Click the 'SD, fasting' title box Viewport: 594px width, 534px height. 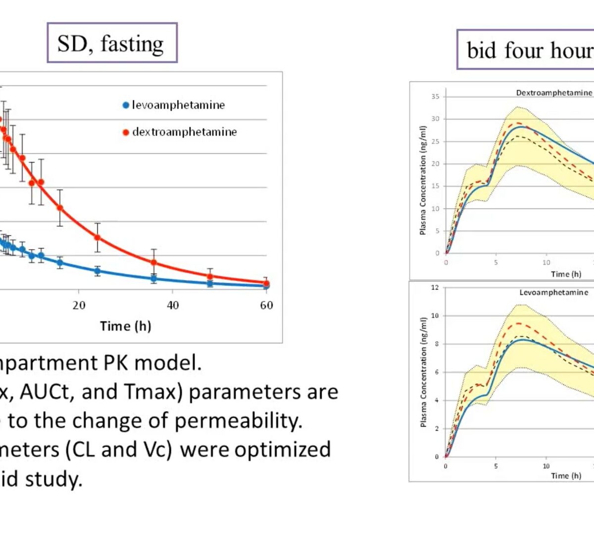coord(112,43)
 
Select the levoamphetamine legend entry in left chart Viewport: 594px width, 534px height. coord(174,105)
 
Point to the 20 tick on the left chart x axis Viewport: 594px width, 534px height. coord(79,305)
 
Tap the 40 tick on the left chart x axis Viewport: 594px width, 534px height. coord(172,305)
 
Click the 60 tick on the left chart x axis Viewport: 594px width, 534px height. coord(266,305)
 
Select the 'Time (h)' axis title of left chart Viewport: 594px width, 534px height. coord(125,326)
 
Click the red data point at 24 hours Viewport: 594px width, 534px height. coord(98,237)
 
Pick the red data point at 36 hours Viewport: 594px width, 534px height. coord(154,263)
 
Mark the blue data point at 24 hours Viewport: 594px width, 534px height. coord(98,270)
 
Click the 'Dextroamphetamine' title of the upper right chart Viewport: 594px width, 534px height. coord(553,92)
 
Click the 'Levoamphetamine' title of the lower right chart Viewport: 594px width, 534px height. coord(553,292)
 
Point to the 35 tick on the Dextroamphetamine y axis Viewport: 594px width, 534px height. coord(435,96)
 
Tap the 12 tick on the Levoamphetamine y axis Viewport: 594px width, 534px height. coord(435,287)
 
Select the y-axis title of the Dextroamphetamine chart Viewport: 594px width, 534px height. coord(423,180)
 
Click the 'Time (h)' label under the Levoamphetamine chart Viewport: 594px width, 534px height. coord(566,476)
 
